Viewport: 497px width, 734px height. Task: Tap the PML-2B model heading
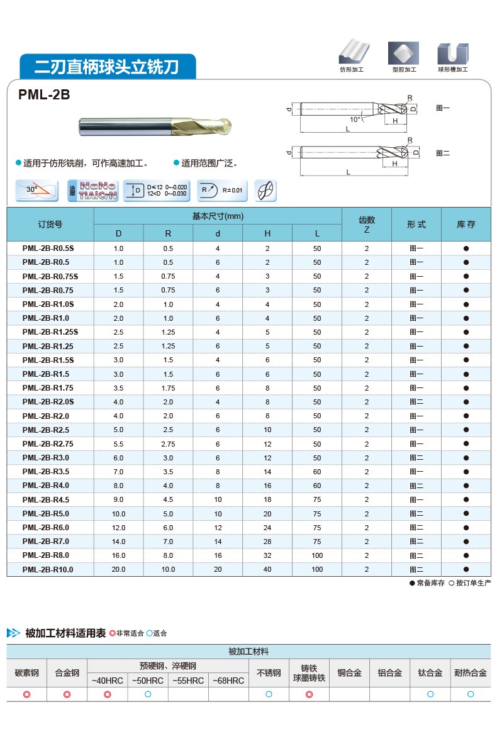click(x=44, y=95)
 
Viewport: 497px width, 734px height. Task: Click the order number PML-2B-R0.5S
click(x=48, y=248)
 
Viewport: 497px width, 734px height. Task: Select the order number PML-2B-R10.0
click(x=48, y=569)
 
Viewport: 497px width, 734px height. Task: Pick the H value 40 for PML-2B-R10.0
click(x=267, y=569)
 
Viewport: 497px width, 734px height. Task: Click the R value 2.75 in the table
click(x=168, y=444)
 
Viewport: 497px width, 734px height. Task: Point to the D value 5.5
click(x=118, y=444)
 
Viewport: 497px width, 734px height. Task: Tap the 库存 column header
click(x=466, y=225)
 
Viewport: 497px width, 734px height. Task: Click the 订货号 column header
click(x=50, y=225)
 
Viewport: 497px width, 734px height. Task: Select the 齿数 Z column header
click(x=367, y=225)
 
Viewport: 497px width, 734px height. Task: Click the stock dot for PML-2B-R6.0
click(x=466, y=528)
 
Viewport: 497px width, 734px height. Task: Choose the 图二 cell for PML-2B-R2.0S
click(x=416, y=402)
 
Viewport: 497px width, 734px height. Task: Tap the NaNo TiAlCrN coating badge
click(x=92, y=190)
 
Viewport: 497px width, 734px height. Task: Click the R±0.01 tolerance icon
click(x=222, y=190)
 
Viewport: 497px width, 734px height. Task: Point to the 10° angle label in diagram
click(x=356, y=119)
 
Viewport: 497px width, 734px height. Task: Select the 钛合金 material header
click(x=430, y=673)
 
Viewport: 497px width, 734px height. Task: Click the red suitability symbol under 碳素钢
click(x=27, y=694)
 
